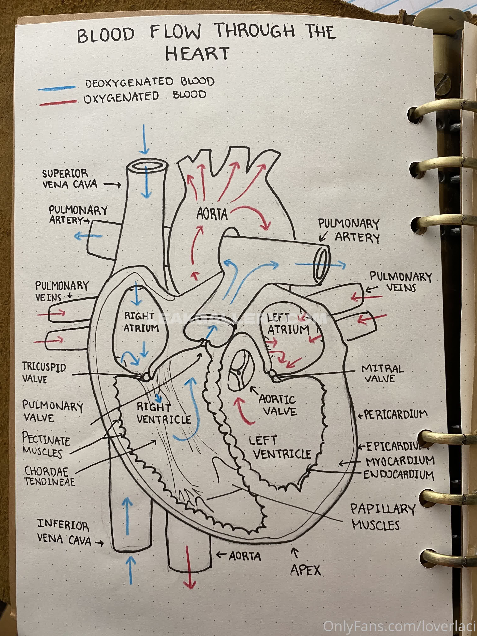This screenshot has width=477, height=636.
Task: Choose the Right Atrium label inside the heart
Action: pyautogui.click(x=141, y=322)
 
